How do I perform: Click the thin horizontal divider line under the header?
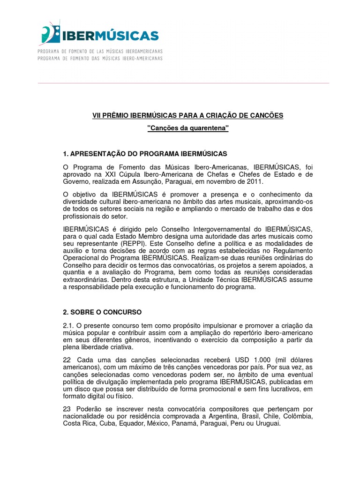point(183,83)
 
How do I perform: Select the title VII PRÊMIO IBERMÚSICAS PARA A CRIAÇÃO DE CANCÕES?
point(187,115)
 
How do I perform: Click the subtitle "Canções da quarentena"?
point(187,128)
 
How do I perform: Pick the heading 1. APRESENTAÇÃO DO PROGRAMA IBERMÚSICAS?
point(145,154)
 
